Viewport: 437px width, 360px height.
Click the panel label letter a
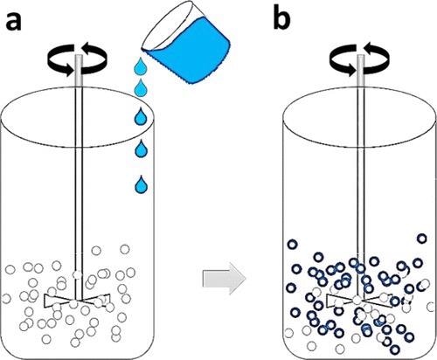coord(13,21)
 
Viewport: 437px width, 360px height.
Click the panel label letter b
coord(281,18)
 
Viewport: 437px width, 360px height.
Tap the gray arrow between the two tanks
coord(224,279)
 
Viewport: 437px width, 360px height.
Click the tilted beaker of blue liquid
coord(186,44)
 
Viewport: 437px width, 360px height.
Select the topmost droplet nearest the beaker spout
coord(140,66)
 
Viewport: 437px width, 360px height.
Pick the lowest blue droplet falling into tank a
coord(141,184)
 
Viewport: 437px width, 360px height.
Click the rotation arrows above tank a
coord(78,59)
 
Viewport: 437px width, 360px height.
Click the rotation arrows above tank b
coord(360,59)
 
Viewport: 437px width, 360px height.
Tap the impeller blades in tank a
coord(77,301)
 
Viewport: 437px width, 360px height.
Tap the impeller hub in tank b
coord(357,300)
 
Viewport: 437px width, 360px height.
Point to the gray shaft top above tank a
coord(79,70)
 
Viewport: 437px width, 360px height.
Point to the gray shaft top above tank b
coord(361,70)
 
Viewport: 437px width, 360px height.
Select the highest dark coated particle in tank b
coord(422,239)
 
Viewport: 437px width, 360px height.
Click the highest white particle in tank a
coord(125,249)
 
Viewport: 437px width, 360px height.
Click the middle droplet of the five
coord(141,117)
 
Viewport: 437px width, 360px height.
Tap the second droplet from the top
coord(141,87)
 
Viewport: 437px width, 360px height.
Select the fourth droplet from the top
coord(141,149)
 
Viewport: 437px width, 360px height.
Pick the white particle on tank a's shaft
coord(78,274)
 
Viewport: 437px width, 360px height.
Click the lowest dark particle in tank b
coord(395,349)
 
